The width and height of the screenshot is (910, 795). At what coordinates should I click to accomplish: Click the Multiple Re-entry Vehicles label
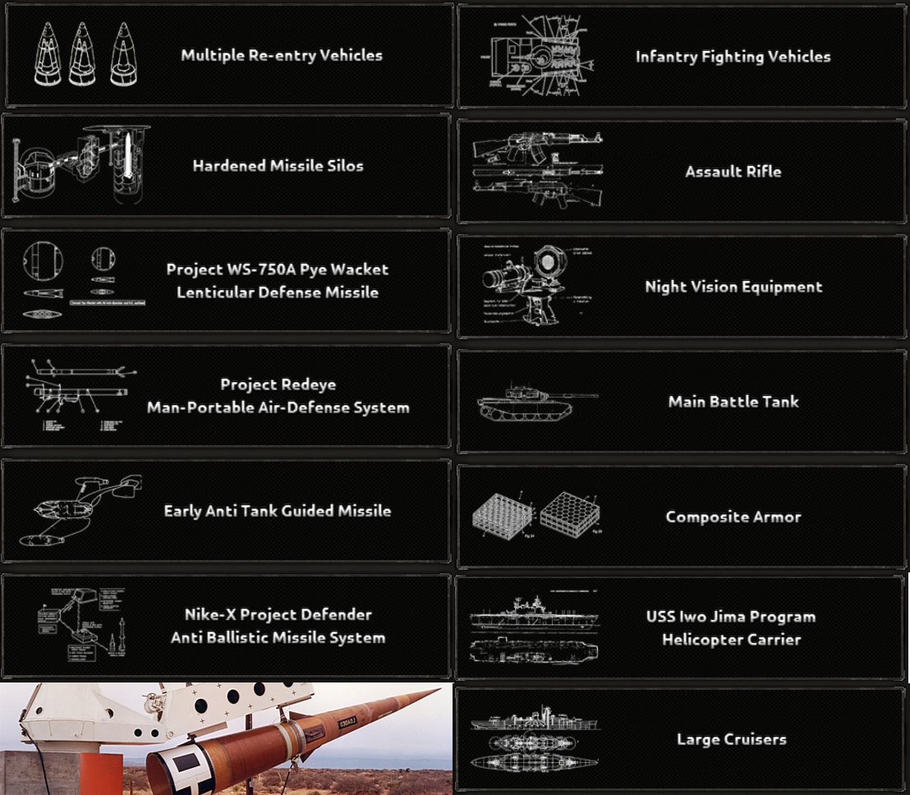[x=282, y=56]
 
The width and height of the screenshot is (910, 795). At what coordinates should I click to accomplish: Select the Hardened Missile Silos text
[x=278, y=166]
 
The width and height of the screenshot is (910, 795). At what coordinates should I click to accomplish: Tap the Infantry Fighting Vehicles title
[x=733, y=57]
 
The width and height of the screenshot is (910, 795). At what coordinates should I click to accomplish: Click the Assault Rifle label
[x=733, y=172]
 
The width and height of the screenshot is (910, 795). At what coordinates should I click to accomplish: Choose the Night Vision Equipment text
[x=733, y=287]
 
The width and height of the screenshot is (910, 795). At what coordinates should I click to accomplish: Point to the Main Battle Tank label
[x=733, y=402]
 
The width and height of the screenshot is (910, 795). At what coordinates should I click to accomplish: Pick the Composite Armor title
[x=733, y=517]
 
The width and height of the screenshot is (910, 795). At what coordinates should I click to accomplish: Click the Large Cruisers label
[x=731, y=740]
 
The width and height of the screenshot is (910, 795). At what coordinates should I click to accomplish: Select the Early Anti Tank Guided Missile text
[x=277, y=511]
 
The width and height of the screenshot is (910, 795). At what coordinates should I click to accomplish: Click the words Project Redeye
[x=278, y=384]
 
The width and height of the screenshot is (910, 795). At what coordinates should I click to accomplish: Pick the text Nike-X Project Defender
[x=278, y=615]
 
